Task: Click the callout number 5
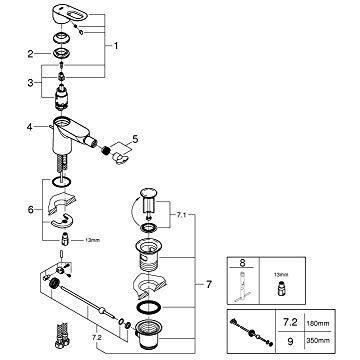tap(138, 140)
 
